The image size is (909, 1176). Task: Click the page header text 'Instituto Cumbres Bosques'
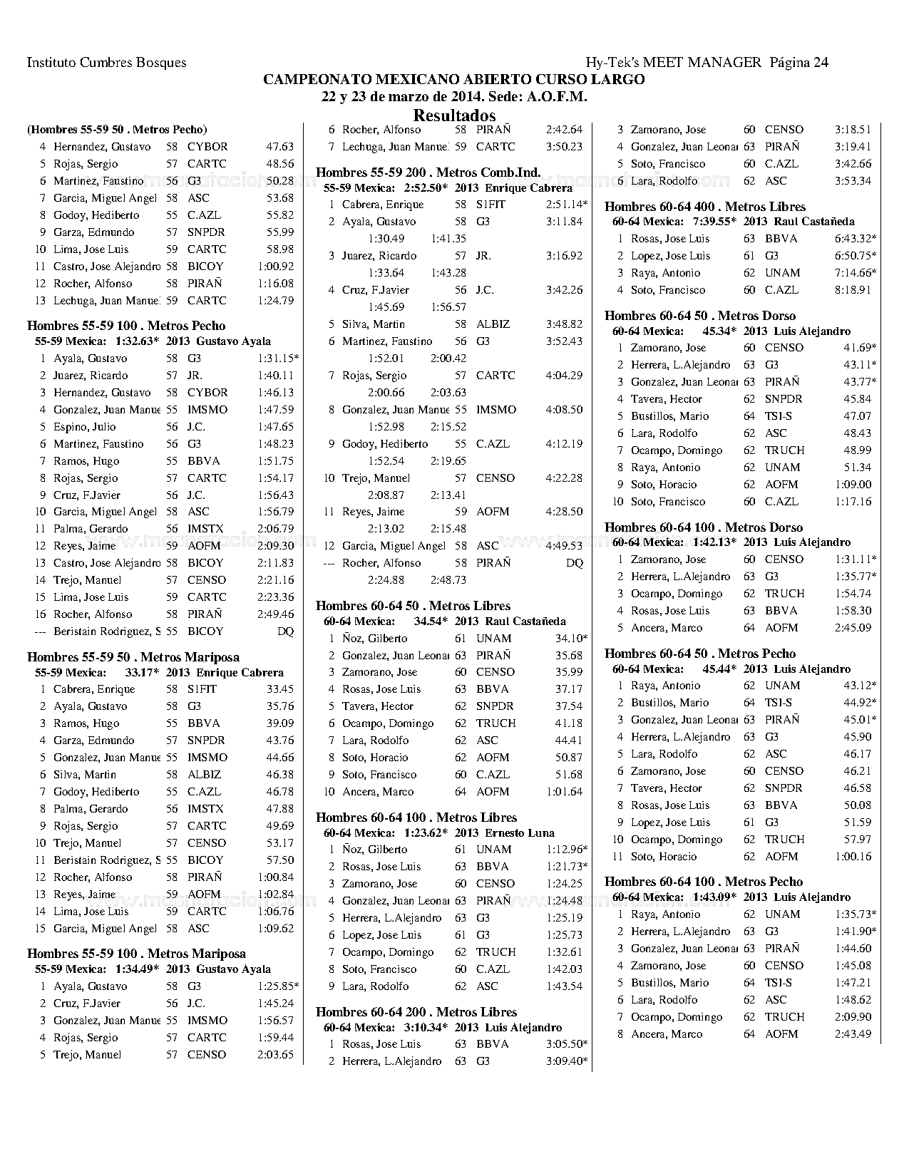(106, 63)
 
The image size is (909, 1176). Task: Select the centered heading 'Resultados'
(454, 115)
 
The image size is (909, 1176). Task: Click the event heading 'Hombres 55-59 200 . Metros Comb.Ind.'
(428, 172)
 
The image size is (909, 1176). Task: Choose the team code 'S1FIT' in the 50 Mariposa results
(202, 689)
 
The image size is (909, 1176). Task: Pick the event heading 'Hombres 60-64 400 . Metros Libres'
(705, 207)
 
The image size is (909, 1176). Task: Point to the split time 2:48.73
(448, 580)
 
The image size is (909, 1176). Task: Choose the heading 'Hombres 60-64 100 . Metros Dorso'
(704, 527)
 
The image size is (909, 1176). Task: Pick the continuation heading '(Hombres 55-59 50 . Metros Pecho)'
(117, 130)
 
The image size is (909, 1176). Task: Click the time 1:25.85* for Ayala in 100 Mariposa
(278, 986)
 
